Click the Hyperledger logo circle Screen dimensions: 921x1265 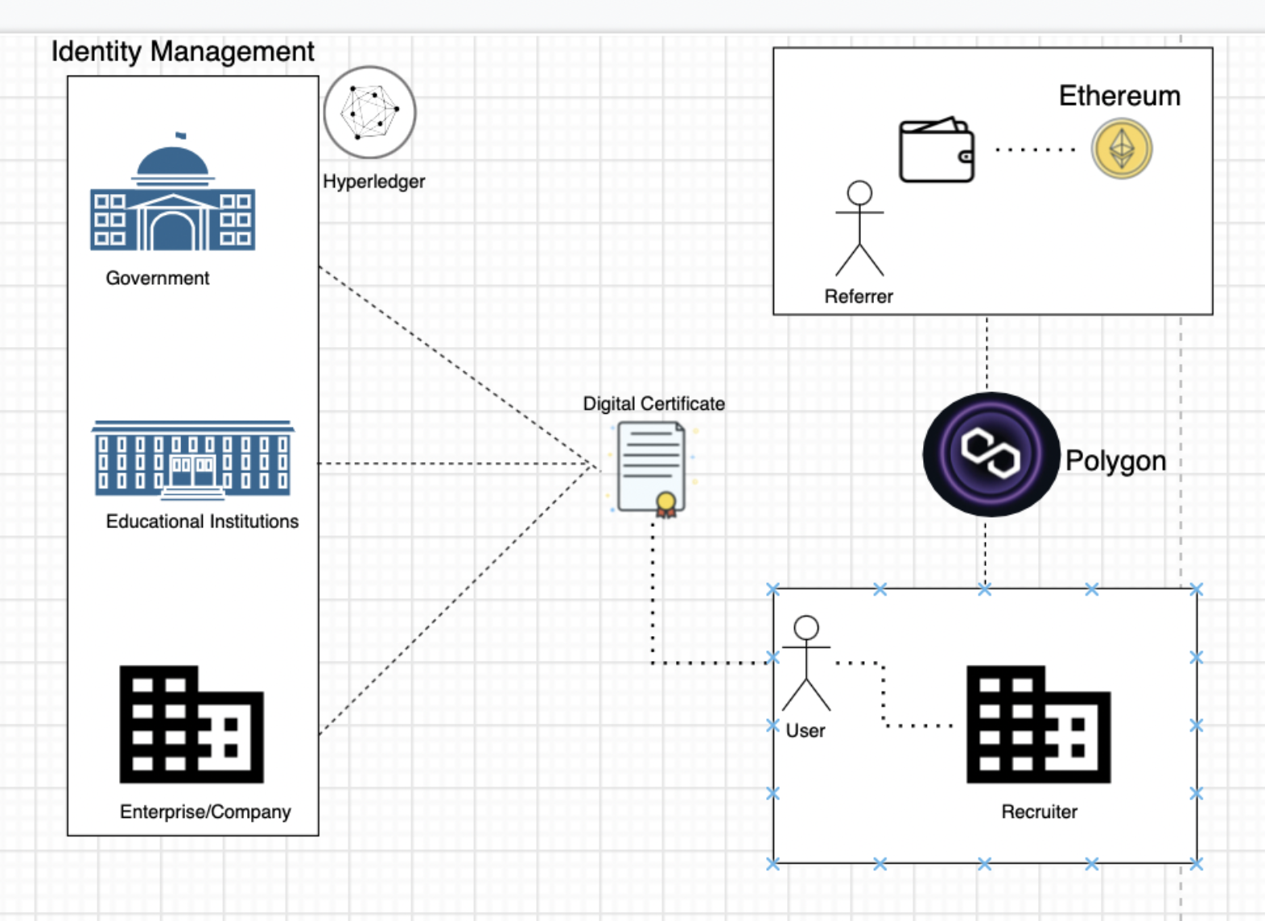(370, 113)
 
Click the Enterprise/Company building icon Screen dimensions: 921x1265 (192, 724)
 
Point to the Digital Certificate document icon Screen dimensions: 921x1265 (653, 469)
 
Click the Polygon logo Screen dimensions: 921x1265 (991, 454)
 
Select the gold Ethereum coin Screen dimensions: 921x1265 (1122, 149)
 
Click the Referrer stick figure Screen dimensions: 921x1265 (859, 229)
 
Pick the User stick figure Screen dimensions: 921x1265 (806, 663)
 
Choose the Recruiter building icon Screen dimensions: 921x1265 (1038, 724)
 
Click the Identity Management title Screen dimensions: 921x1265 (183, 52)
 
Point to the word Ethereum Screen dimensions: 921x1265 (1119, 96)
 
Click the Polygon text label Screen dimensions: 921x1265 (1115, 461)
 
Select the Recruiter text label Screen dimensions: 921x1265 (1039, 812)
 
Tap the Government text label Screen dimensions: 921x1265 (158, 279)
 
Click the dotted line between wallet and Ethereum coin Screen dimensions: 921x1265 (1035, 150)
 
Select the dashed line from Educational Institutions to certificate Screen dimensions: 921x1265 (455, 464)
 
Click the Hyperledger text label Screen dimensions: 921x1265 (374, 182)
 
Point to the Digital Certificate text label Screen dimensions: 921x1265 (653, 404)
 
